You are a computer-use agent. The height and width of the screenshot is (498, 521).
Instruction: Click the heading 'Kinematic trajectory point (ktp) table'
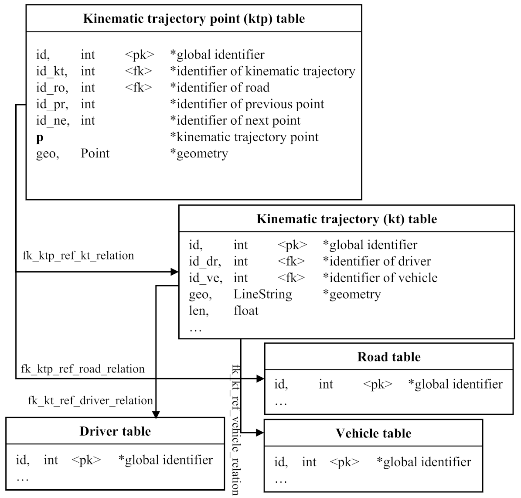(194, 19)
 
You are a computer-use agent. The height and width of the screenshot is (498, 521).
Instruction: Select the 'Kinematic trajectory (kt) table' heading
(347, 219)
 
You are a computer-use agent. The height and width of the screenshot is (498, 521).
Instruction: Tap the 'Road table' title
(389, 357)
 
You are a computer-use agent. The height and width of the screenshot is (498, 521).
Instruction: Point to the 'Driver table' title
(115, 431)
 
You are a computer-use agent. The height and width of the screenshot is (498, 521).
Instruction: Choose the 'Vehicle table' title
(373, 433)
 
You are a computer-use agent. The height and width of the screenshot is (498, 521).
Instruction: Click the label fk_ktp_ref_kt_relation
(78, 255)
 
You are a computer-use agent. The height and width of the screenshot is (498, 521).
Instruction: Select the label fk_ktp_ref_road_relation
(83, 369)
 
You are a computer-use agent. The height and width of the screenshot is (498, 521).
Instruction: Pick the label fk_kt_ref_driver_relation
(91, 400)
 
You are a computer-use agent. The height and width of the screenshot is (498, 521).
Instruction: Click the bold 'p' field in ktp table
(40, 137)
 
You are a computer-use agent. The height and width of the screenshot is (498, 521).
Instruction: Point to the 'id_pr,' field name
(52, 104)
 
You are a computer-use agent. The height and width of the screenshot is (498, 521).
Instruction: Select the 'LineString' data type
(262, 294)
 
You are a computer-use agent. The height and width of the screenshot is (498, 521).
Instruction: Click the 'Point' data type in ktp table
(95, 153)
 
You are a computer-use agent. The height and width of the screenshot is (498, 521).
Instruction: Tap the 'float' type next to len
(246, 311)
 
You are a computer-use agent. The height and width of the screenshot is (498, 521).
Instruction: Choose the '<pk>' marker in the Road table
(378, 384)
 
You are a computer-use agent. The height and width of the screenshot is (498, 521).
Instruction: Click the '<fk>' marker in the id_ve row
(291, 278)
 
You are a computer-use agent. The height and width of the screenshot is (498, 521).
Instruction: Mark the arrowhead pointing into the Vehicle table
(260, 433)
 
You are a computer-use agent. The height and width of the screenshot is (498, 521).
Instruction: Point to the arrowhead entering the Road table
(260, 379)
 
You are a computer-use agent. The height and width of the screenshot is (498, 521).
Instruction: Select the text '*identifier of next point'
(235, 121)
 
